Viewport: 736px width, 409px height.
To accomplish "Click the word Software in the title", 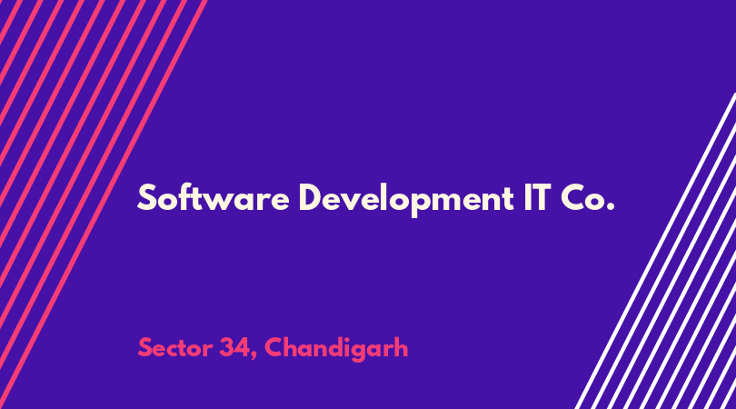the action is (214, 197).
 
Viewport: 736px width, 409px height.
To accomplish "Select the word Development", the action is (406, 199).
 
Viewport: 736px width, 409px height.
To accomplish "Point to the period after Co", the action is (610, 207).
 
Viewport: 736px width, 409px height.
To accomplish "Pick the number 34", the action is (234, 348).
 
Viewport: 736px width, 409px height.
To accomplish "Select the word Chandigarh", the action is (336, 348).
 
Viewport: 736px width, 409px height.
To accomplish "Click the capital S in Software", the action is (146, 197).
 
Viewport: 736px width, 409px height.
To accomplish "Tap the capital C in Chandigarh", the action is (274, 348).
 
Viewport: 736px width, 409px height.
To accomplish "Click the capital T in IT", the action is (542, 197).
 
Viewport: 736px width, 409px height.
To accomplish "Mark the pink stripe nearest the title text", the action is (104, 204).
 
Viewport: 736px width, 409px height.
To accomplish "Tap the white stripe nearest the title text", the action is (655, 251).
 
